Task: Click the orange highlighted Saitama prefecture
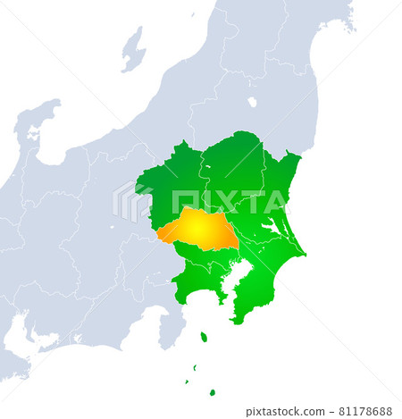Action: pos(199,230)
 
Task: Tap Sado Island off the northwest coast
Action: pos(133,48)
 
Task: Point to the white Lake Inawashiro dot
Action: pos(252,102)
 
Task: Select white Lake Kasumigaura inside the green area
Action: pos(271,228)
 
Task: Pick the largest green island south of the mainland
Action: pos(204,337)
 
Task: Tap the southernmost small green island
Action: pos(212,392)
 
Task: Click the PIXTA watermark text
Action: pos(223,201)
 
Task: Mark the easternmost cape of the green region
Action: pos(304,254)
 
